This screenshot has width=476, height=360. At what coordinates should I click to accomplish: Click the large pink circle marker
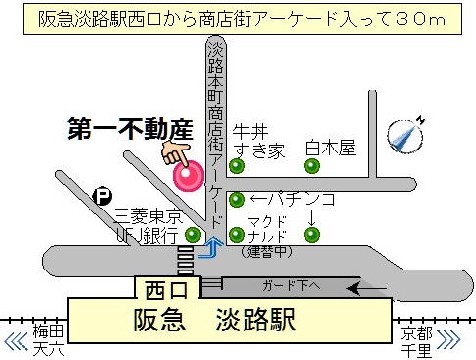pyautogui.click(x=188, y=175)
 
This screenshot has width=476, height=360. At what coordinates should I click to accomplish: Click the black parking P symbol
pyautogui.click(x=102, y=196)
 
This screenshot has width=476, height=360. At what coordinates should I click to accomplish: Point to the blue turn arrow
pyautogui.click(x=208, y=251)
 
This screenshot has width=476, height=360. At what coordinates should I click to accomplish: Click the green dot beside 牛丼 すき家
pyautogui.click(x=237, y=166)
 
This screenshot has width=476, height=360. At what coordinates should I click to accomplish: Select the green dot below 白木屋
pyautogui.click(x=312, y=166)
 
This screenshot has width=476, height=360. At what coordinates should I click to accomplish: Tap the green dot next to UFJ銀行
pyautogui.click(x=193, y=234)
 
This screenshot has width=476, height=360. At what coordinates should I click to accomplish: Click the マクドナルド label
pyautogui.click(x=266, y=228)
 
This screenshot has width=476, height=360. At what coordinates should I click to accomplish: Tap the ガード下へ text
pyautogui.click(x=292, y=286)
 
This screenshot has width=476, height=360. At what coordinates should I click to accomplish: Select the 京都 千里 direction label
pyautogui.click(x=416, y=341)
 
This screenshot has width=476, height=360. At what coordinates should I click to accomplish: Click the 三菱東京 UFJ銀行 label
pyautogui.click(x=148, y=225)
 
